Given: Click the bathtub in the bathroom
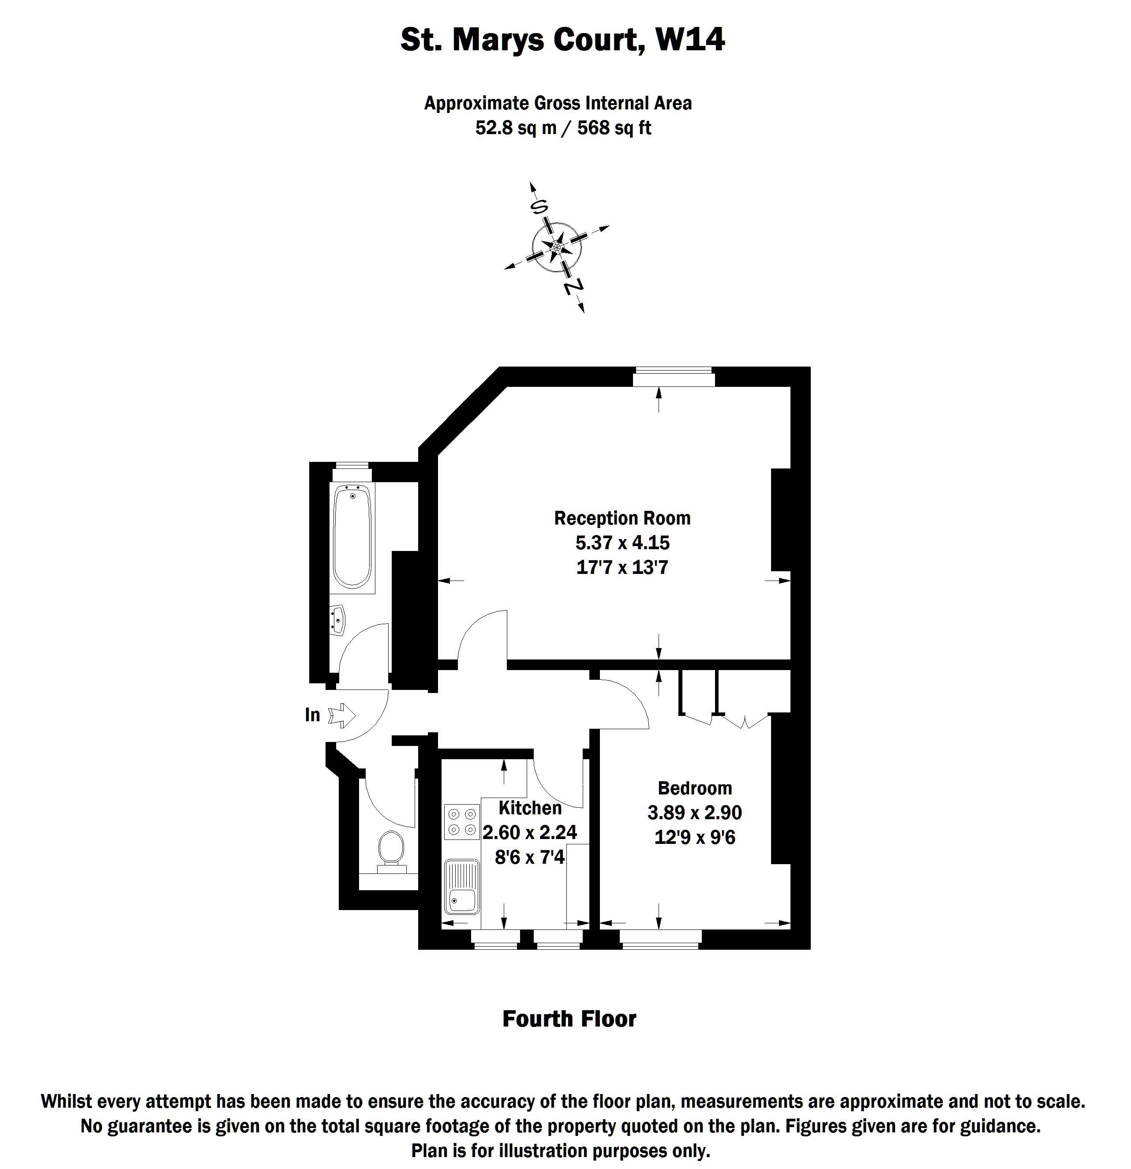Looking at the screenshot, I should (352, 536).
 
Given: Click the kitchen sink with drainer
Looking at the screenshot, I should (462, 887).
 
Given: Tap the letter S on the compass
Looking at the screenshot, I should (539, 206).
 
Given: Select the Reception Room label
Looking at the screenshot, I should (622, 518).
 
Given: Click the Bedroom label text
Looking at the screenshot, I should (695, 788).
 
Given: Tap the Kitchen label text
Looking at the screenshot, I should (530, 808).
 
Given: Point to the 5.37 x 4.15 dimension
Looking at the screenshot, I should (622, 543).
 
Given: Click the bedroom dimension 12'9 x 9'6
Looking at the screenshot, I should (695, 837).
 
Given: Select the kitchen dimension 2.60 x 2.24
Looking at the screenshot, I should (530, 832).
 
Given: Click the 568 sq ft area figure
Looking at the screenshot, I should (614, 127).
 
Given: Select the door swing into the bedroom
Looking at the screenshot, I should (626, 701).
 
